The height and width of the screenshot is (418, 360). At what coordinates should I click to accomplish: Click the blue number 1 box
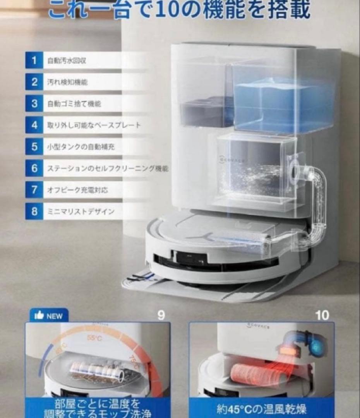(34, 61)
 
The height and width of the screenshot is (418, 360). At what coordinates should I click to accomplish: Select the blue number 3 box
(34, 104)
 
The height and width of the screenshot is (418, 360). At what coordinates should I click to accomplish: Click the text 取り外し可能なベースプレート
(94, 125)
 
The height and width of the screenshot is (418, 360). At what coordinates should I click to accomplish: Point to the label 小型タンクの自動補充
(81, 147)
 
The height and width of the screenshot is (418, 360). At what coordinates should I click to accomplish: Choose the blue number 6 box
(34, 168)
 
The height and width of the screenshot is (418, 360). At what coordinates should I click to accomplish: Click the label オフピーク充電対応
(77, 190)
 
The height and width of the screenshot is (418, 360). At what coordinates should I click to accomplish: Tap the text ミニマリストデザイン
(81, 212)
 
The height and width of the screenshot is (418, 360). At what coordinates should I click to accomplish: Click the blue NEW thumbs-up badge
(49, 315)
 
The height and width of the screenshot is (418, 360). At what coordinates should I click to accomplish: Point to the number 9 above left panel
(161, 315)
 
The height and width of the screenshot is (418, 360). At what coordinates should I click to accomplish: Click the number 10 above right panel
(322, 315)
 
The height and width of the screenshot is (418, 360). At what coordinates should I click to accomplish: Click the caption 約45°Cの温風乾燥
(262, 409)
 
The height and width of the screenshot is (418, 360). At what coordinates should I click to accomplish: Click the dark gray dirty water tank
(207, 110)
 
